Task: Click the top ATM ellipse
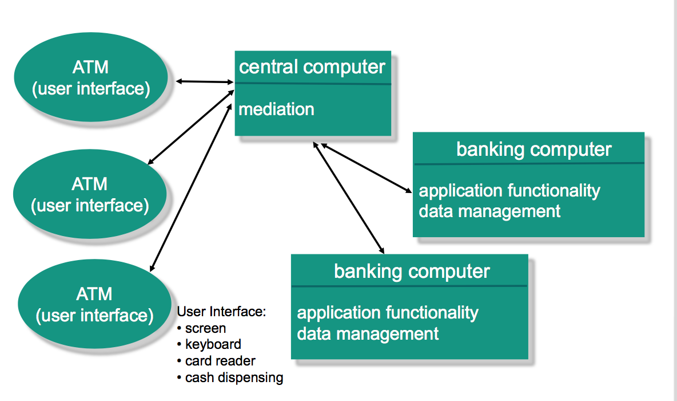click(90, 78)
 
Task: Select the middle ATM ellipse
click(90, 194)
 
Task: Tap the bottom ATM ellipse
click(94, 304)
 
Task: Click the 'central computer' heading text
click(312, 67)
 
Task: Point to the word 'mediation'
click(276, 109)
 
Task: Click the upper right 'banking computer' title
click(533, 150)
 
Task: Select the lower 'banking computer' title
click(412, 271)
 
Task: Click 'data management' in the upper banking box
click(489, 211)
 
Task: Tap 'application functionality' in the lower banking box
click(388, 313)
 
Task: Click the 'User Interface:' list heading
click(222, 312)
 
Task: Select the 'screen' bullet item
click(205, 328)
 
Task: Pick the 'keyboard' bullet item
click(213, 344)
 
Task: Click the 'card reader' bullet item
click(220, 361)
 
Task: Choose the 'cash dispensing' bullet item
click(234, 378)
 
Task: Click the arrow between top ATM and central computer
click(205, 81)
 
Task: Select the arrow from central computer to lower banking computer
click(348, 197)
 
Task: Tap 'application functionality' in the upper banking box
click(509, 190)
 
